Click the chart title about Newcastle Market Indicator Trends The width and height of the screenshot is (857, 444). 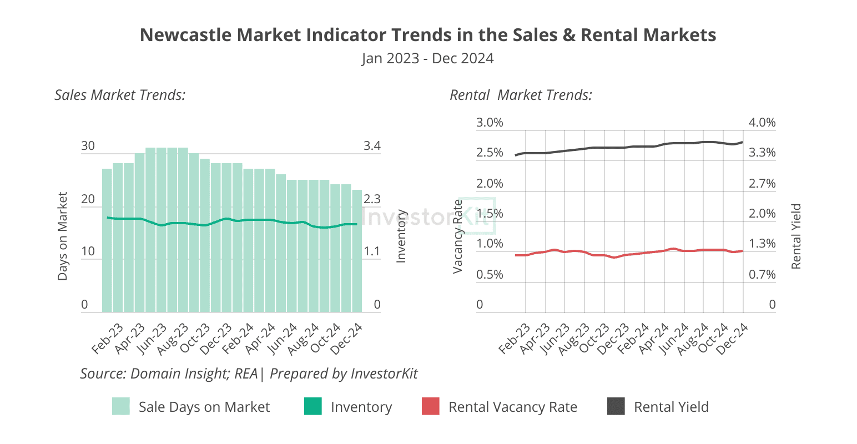pos(428,35)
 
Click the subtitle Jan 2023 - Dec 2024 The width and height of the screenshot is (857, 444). pos(428,58)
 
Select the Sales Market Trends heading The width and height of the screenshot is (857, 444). pos(120,95)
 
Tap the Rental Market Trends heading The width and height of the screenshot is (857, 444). pos(521,95)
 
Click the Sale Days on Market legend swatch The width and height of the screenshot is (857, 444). pos(120,406)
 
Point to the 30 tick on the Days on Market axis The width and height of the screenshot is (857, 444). pos(88,146)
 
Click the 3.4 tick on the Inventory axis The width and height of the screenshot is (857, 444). pos(372,146)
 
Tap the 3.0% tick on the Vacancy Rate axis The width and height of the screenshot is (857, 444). pos(490,122)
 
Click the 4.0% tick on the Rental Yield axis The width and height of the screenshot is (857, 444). pos(762,122)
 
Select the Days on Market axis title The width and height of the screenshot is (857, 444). pos(62,236)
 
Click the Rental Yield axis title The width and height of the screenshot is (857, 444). pos(796,236)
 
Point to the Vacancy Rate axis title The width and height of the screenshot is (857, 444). pos(458,236)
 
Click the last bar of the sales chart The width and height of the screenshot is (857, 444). pos(357,251)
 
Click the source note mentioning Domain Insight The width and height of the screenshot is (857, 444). pos(249,374)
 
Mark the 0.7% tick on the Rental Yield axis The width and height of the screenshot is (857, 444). pos(762,274)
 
